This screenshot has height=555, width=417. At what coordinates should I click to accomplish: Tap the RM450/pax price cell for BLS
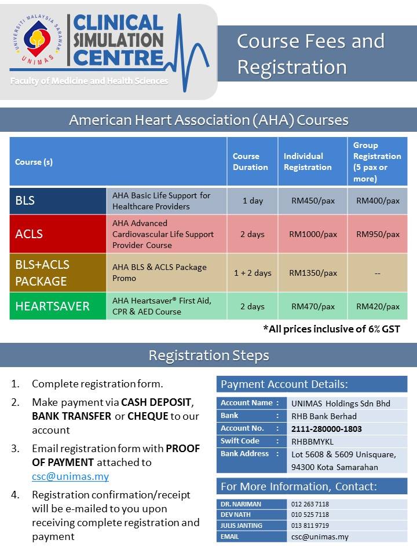313,201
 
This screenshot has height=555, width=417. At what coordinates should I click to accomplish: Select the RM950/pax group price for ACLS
378,234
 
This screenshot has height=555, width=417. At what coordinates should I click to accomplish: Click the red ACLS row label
58,234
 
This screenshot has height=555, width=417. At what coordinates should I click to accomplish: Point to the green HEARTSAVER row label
58,306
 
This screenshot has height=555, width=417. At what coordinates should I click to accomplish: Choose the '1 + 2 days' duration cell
253,273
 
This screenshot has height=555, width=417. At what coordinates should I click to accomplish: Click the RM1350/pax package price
313,273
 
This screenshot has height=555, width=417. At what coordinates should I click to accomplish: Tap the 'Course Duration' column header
250,162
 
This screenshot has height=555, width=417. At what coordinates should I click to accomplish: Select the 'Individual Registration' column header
308,162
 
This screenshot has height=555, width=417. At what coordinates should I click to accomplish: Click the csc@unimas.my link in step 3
70,476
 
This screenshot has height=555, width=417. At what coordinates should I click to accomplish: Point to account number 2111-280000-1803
326,429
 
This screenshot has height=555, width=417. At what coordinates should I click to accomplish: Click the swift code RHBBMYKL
312,442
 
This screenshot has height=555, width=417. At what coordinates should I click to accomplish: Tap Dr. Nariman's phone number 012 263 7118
310,504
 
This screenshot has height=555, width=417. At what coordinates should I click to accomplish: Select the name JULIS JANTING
241,526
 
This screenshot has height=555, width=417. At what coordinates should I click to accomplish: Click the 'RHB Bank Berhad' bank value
324,416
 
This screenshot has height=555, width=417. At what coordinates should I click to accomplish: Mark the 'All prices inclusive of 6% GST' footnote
331,329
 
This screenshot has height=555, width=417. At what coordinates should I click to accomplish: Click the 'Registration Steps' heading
209,355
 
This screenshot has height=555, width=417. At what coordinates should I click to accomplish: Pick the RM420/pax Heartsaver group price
378,306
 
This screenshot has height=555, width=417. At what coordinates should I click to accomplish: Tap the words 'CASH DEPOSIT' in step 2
156,402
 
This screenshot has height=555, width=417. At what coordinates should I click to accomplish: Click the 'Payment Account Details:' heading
284,384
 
